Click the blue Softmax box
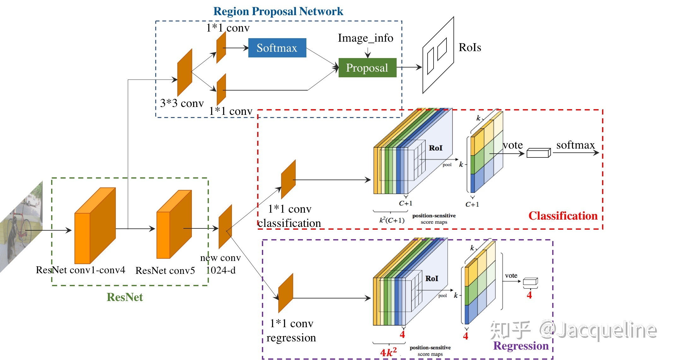[x=277, y=48]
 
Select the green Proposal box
[x=367, y=68]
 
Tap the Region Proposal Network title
[x=278, y=11]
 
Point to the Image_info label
[x=365, y=38]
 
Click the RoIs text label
[x=470, y=47]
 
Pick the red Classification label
[x=563, y=216]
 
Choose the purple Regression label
[x=521, y=346]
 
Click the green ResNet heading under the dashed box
[x=125, y=297]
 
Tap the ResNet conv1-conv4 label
[x=80, y=270]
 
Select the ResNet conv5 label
[x=165, y=271]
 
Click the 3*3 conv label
[x=182, y=103]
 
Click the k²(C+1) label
[x=392, y=220]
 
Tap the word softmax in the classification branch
[x=576, y=145]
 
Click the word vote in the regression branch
[x=511, y=275]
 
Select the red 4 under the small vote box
[x=529, y=295]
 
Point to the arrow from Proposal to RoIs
[x=409, y=67]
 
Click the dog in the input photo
[x=13, y=240]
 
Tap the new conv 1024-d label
[x=221, y=264]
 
